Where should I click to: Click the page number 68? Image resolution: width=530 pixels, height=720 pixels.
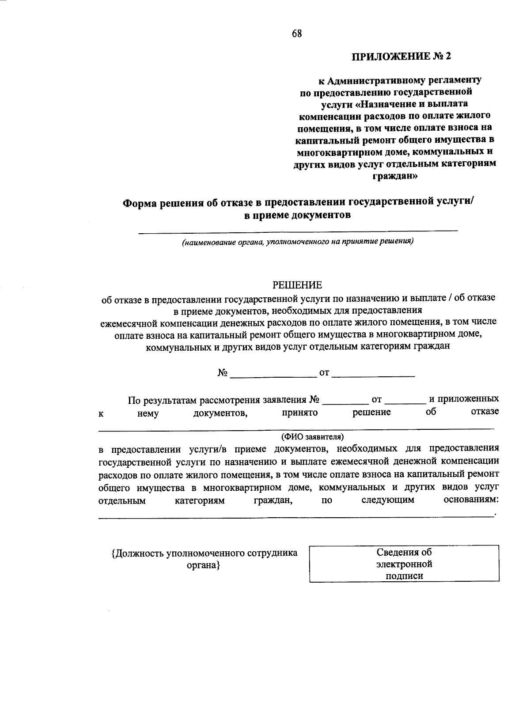[x=296, y=34]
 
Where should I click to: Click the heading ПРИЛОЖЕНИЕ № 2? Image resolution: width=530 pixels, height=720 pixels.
[x=402, y=57]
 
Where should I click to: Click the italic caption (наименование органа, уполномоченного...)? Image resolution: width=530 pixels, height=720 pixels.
[x=298, y=242]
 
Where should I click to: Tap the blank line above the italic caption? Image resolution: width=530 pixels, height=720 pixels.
[x=298, y=230]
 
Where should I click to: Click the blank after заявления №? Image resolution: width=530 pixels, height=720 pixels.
[x=345, y=403]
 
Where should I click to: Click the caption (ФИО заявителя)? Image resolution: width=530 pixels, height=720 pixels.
[x=312, y=436]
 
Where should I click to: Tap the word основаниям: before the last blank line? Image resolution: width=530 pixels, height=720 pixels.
[x=471, y=500]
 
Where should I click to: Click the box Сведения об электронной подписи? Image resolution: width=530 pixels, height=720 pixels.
[x=404, y=564]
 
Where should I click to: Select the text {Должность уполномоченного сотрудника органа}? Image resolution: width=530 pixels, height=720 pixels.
[x=204, y=559]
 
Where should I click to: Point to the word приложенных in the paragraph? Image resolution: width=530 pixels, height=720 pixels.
[x=464, y=399]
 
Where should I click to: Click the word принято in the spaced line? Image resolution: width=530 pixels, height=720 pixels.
[x=300, y=412]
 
